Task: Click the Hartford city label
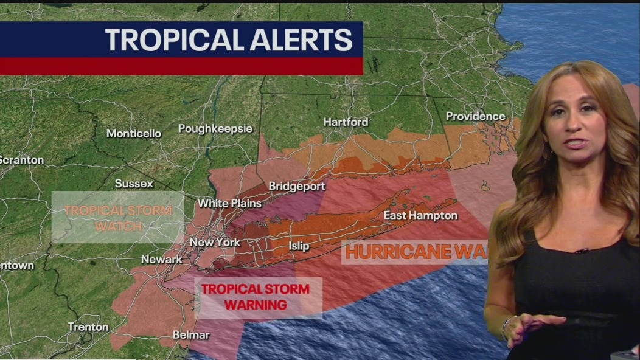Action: [346, 122]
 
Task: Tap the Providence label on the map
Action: [475, 116]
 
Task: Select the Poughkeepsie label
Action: [215, 129]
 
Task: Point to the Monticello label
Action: [134, 133]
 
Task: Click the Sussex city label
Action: [134, 183]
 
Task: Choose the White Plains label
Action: [229, 203]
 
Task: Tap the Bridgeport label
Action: [297, 186]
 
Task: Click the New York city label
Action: [215, 243]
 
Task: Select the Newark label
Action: [161, 260]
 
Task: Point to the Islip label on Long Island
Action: [299, 246]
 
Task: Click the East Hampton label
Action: [420, 216]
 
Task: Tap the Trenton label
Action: [88, 327]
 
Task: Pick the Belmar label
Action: [191, 335]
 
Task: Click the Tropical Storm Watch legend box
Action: [117, 218]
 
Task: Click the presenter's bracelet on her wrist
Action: [504, 329]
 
